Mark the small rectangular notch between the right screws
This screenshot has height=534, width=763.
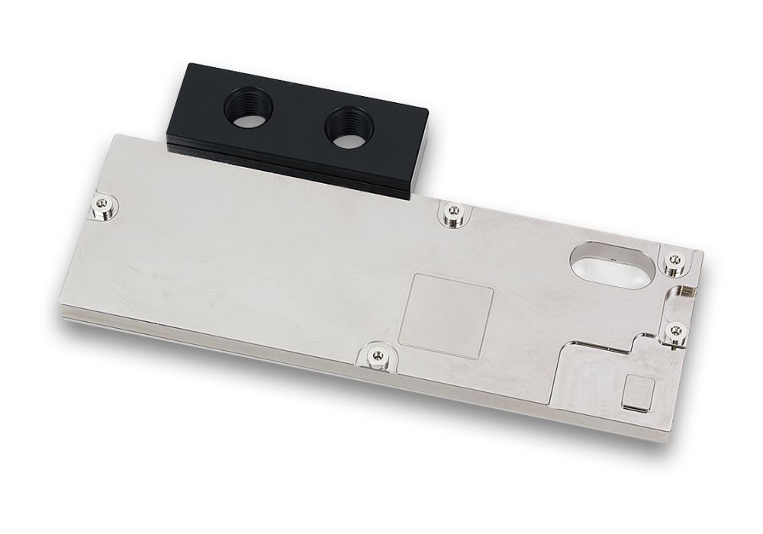point(684,294)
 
